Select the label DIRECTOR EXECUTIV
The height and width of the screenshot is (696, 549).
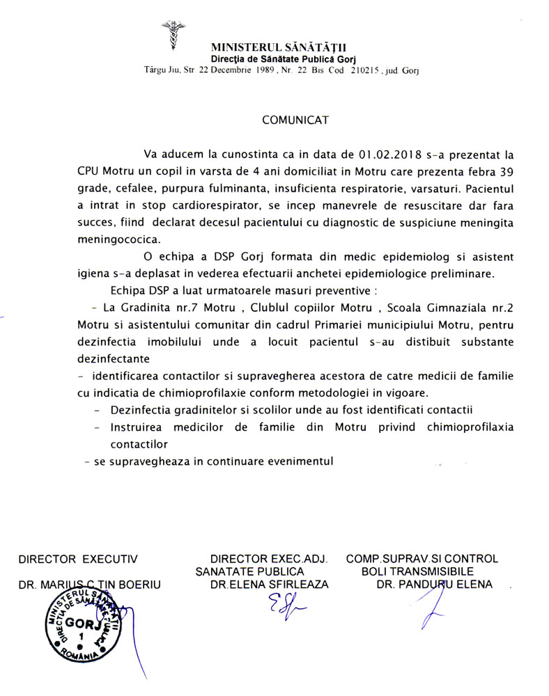click(x=78, y=558)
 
